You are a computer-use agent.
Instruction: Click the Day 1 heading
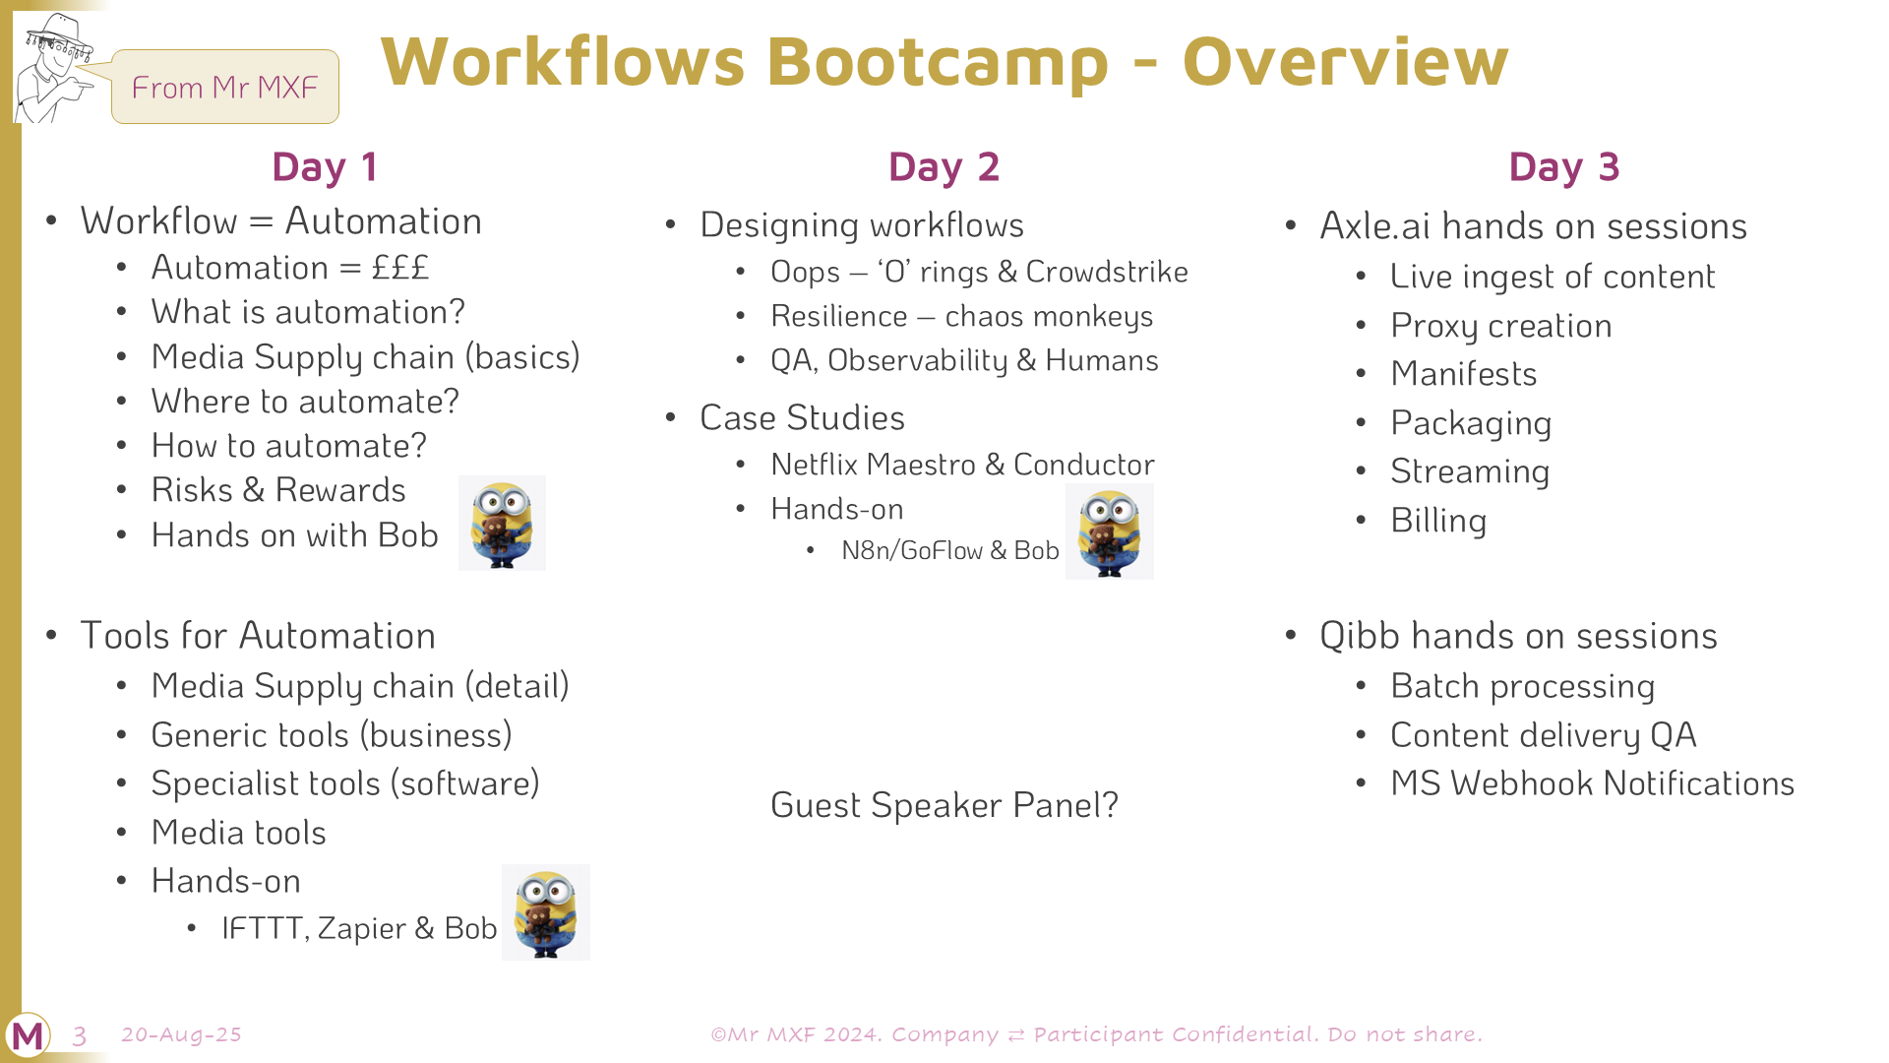325,167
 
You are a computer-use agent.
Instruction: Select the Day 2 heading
944,167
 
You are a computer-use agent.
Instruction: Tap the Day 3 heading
1563,167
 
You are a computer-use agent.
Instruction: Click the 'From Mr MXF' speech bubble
224,87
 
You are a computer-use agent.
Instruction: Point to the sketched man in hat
54,67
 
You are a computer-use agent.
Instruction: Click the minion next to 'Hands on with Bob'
502,524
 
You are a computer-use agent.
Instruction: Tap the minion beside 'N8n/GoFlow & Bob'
1109,531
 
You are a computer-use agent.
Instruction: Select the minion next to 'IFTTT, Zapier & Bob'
546,912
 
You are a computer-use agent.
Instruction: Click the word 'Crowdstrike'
1107,272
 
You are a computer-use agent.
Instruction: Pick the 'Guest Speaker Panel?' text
944,805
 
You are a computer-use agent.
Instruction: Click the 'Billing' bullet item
1438,521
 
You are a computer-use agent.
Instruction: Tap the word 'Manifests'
1464,374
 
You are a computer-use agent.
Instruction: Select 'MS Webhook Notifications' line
1593,783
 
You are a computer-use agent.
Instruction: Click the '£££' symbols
400,268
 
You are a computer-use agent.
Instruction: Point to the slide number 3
80,1035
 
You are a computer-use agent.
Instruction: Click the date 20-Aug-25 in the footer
181,1034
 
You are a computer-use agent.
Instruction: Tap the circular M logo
28,1035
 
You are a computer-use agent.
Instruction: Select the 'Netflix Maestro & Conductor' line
962,465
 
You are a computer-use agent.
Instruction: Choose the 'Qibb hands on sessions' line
1518,636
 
